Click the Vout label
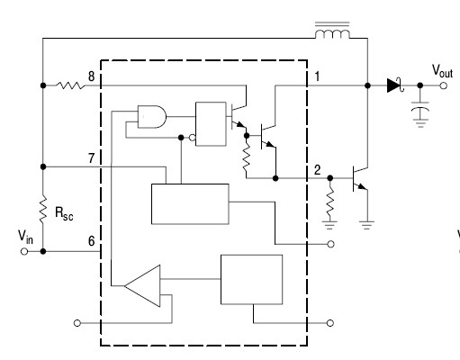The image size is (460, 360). pyautogui.click(x=442, y=71)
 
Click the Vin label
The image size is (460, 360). pyautogui.click(x=25, y=237)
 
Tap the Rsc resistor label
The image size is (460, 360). pyautogui.click(x=64, y=213)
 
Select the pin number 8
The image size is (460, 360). pyautogui.click(x=91, y=76)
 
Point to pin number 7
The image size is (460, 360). pyautogui.click(x=91, y=157)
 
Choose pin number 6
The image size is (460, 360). pyautogui.click(x=91, y=241)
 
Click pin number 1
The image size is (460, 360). pyautogui.click(x=317, y=76)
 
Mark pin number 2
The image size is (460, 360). pyautogui.click(x=317, y=170)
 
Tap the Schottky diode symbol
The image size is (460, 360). pyautogui.click(x=395, y=85)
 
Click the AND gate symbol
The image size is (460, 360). pyautogui.click(x=152, y=117)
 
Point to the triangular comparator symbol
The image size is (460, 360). pyautogui.click(x=143, y=286)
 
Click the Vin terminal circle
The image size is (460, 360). pyautogui.click(x=24, y=251)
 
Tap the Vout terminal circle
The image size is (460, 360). pyautogui.click(x=443, y=85)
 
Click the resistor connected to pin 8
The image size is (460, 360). pyautogui.click(x=70, y=85)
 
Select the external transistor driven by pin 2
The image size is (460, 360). pyautogui.click(x=360, y=178)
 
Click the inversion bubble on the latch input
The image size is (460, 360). pyautogui.click(x=193, y=138)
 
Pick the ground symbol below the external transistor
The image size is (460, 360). pyautogui.click(x=367, y=225)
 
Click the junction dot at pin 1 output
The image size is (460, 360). pyautogui.click(x=367, y=85)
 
